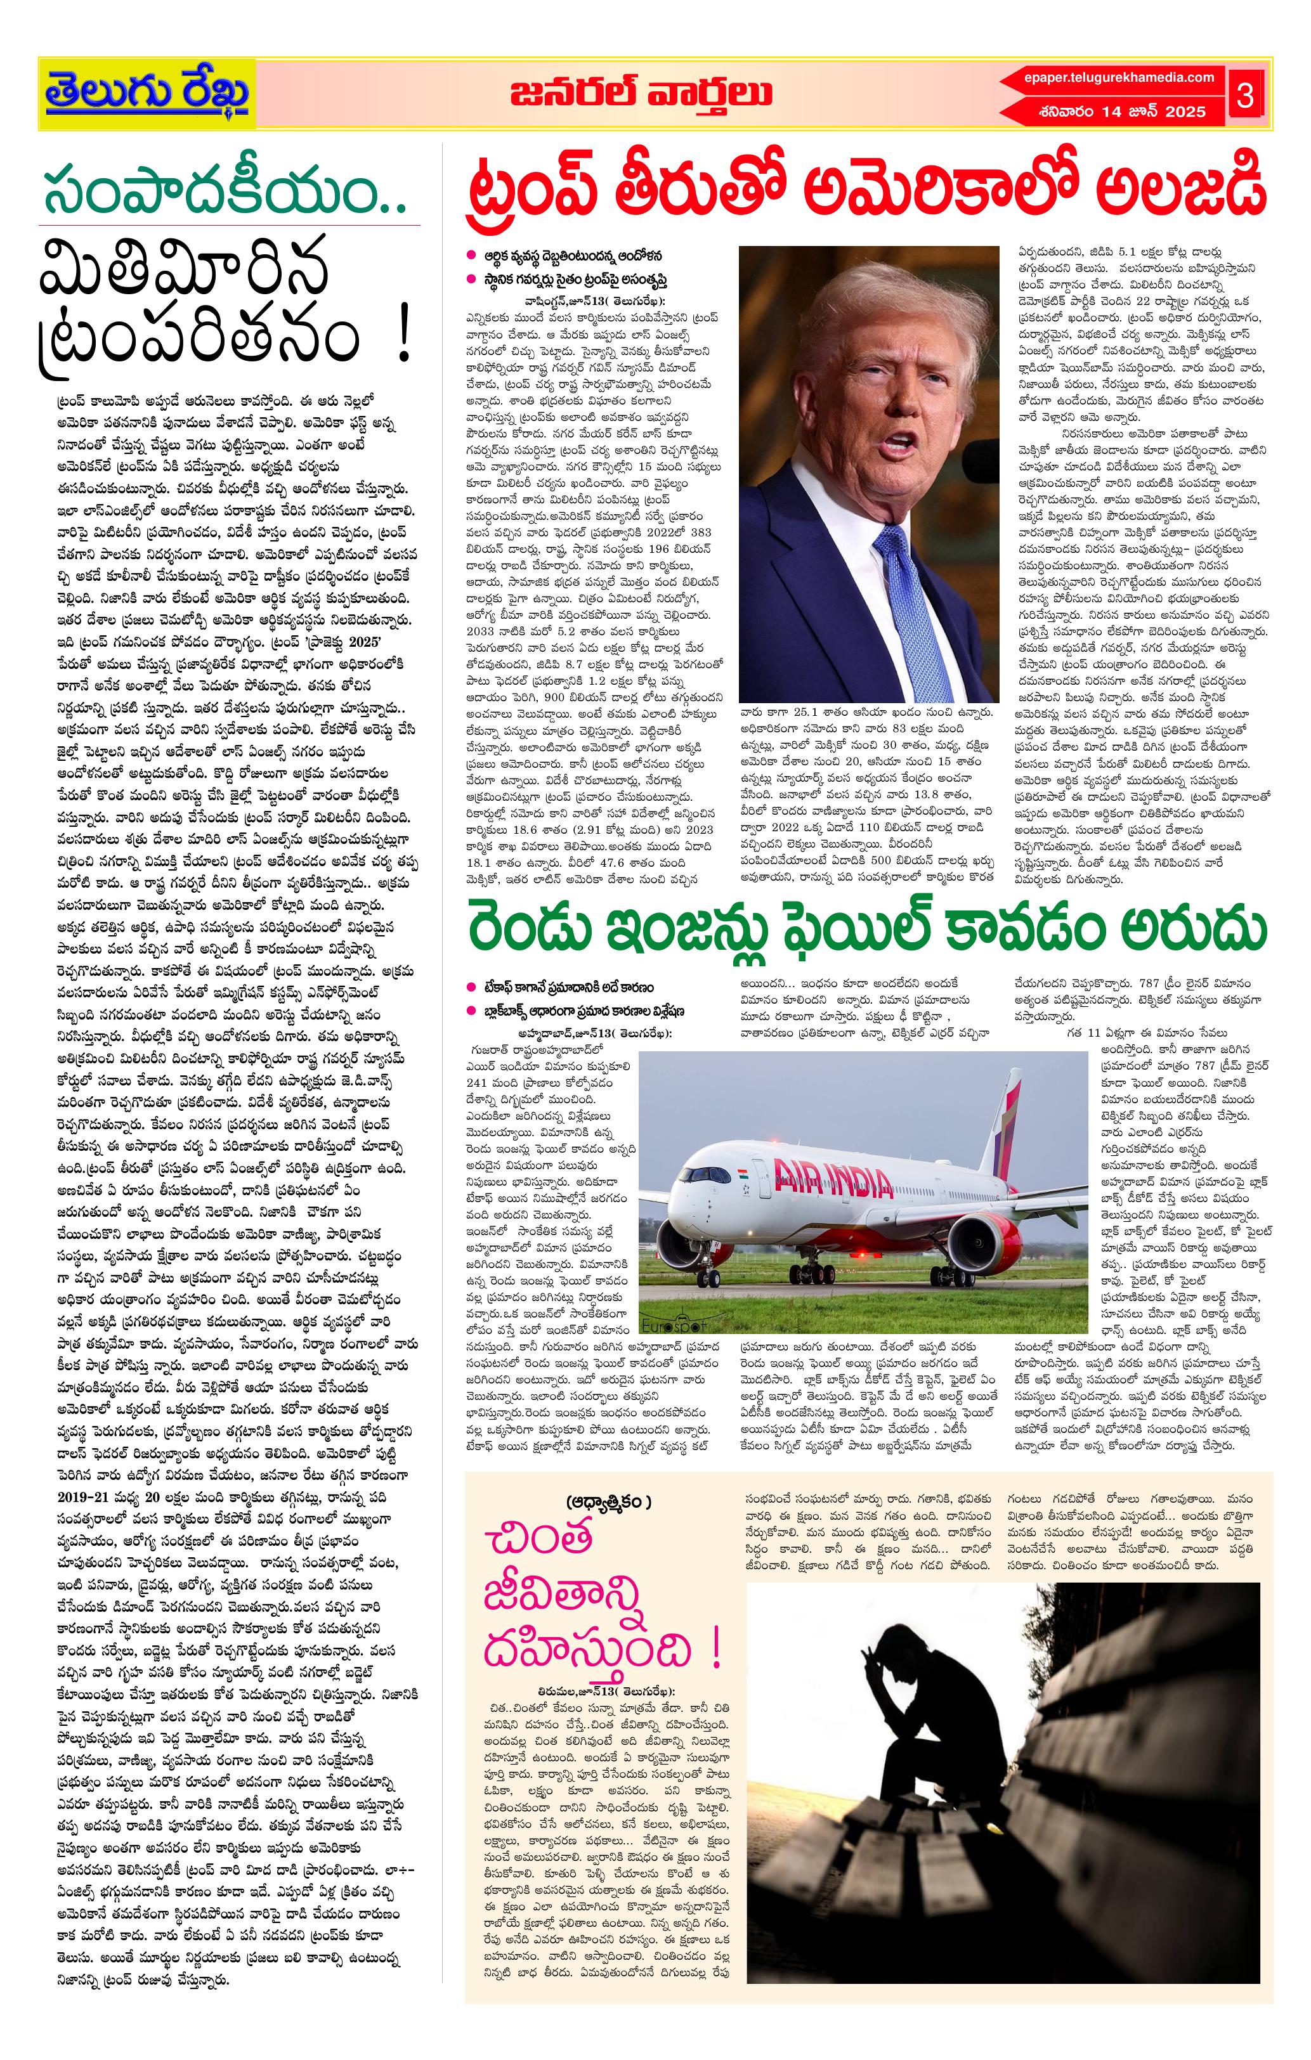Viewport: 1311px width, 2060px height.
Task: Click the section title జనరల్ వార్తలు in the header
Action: [641, 93]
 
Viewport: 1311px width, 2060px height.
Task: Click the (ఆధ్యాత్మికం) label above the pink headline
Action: [608, 1501]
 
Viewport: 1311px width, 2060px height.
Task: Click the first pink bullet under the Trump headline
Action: [471, 255]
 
